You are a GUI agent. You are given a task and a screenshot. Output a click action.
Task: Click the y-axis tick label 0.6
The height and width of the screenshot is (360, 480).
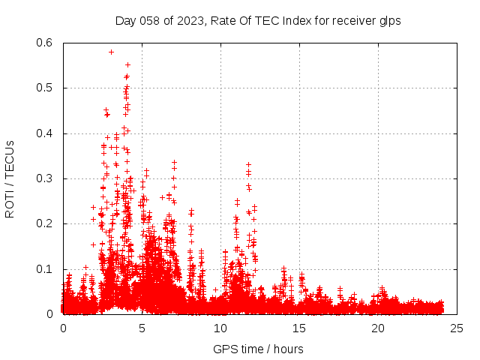44,43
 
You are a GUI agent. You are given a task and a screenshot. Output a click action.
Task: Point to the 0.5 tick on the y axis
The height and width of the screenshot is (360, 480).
44,88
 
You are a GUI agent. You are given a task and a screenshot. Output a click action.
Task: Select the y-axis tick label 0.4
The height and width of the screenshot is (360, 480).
44,133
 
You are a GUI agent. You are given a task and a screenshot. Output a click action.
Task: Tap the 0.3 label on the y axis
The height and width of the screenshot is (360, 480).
44,178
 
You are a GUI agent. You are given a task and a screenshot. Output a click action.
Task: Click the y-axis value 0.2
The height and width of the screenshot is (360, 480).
44,223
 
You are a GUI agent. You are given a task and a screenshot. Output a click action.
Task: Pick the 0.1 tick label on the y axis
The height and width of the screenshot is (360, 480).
44,268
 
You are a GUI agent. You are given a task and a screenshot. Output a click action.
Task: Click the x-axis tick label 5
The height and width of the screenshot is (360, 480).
142,328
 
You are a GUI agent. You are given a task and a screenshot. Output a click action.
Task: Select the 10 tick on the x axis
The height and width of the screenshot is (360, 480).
220,328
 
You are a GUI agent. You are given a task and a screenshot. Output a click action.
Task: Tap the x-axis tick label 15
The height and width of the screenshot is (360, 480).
299,328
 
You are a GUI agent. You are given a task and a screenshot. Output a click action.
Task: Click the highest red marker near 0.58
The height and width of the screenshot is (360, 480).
111,52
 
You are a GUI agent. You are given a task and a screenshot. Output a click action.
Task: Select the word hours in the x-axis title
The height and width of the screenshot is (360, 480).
288,349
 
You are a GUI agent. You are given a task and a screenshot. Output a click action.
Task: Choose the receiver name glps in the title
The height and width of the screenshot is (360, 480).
389,20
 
